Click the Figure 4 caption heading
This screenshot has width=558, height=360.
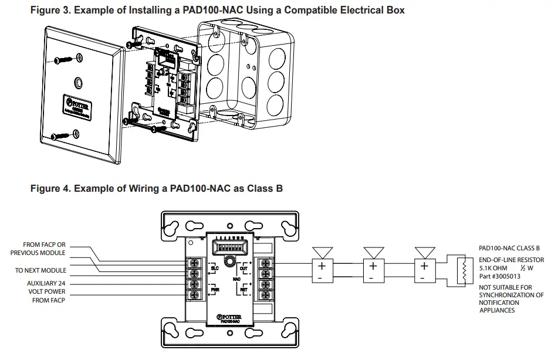157,188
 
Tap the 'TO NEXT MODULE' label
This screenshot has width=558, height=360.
40,270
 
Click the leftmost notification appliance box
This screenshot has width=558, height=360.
320,270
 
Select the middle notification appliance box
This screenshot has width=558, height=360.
371,270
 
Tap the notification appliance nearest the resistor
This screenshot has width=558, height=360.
423,270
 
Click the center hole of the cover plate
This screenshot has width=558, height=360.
79,82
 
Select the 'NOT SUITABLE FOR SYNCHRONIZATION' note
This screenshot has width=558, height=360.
510,299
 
